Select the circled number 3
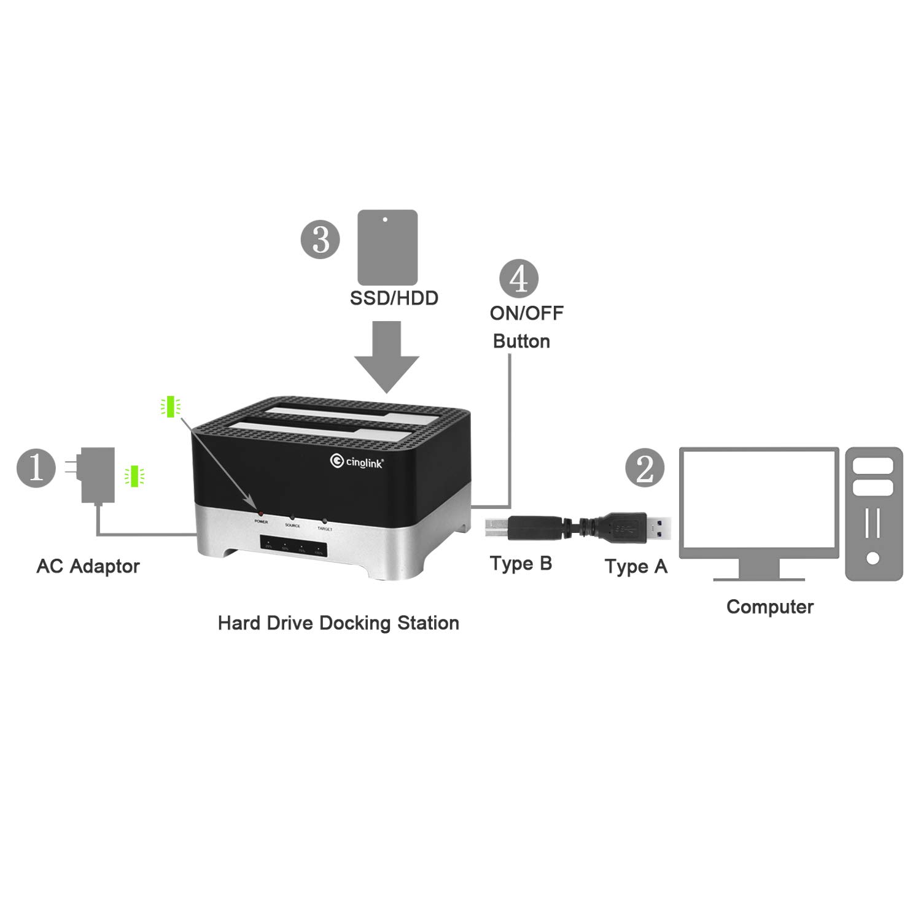click(x=320, y=239)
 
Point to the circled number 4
click(x=519, y=278)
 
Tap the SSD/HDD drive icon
click(x=387, y=247)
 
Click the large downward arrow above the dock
click(x=387, y=357)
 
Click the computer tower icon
click(x=874, y=514)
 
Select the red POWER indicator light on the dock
click(x=261, y=513)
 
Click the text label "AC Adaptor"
click(x=88, y=566)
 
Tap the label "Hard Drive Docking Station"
click(x=338, y=623)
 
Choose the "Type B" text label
click(x=521, y=563)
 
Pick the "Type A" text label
click(x=635, y=566)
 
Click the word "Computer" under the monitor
click(x=769, y=607)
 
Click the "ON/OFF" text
click(x=526, y=313)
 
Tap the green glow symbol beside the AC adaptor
click(x=134, y=476)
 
